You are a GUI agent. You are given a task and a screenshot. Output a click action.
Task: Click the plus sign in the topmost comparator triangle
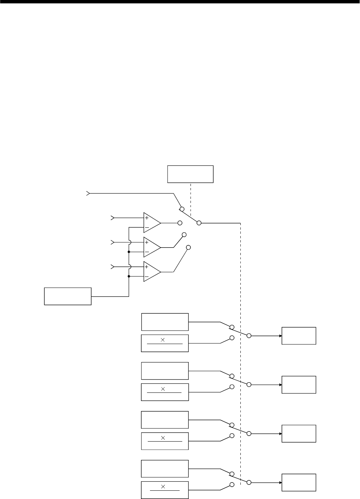(x=147, y=218)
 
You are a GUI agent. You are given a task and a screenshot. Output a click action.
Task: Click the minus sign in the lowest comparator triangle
(x=147, y=277)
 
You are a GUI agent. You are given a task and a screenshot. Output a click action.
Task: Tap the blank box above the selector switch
(x=190, y=174)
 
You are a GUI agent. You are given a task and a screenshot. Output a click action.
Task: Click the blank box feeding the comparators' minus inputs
(x=68, y=296)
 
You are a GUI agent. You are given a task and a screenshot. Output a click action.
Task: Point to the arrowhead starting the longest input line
(x=88, y=194)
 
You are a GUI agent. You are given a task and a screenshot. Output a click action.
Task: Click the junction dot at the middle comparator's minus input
(x=129, y=252)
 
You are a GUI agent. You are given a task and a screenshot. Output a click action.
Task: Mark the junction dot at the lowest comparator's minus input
(x=129, y=277)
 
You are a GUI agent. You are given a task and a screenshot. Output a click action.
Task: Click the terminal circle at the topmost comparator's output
(x=180, y=223)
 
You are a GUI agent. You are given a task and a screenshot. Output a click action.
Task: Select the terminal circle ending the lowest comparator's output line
(x=189, y=247)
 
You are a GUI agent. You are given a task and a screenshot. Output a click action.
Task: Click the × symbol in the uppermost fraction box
(x=163, y=340)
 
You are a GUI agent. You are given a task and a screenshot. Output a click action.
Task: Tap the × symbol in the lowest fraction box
(x=163, y=487)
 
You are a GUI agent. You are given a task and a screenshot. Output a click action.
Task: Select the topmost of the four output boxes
(x=299, y=336)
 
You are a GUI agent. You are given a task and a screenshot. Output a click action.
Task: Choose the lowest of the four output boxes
(x=299, y=482)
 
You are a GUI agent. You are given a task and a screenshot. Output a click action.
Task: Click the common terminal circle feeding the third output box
(x=249, y=433)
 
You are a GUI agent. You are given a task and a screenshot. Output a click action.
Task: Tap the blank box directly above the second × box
(x=165, y=371)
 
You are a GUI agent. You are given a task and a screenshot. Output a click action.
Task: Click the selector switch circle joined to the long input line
(x=182, y=209)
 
